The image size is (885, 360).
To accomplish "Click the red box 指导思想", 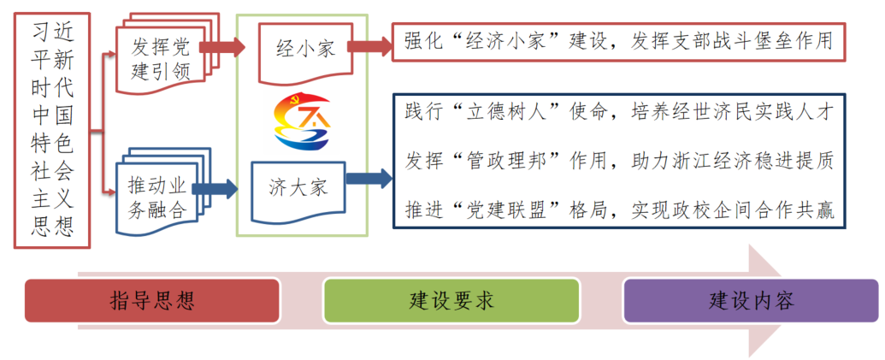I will [x=152, y=300].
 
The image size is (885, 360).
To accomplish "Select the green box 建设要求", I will [x=451, y=300].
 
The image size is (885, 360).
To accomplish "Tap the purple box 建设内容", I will [x=751, y=300].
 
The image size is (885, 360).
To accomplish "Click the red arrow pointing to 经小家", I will [x=227, y=46].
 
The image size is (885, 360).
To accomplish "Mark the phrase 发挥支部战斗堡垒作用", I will [x=735, y=42].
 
